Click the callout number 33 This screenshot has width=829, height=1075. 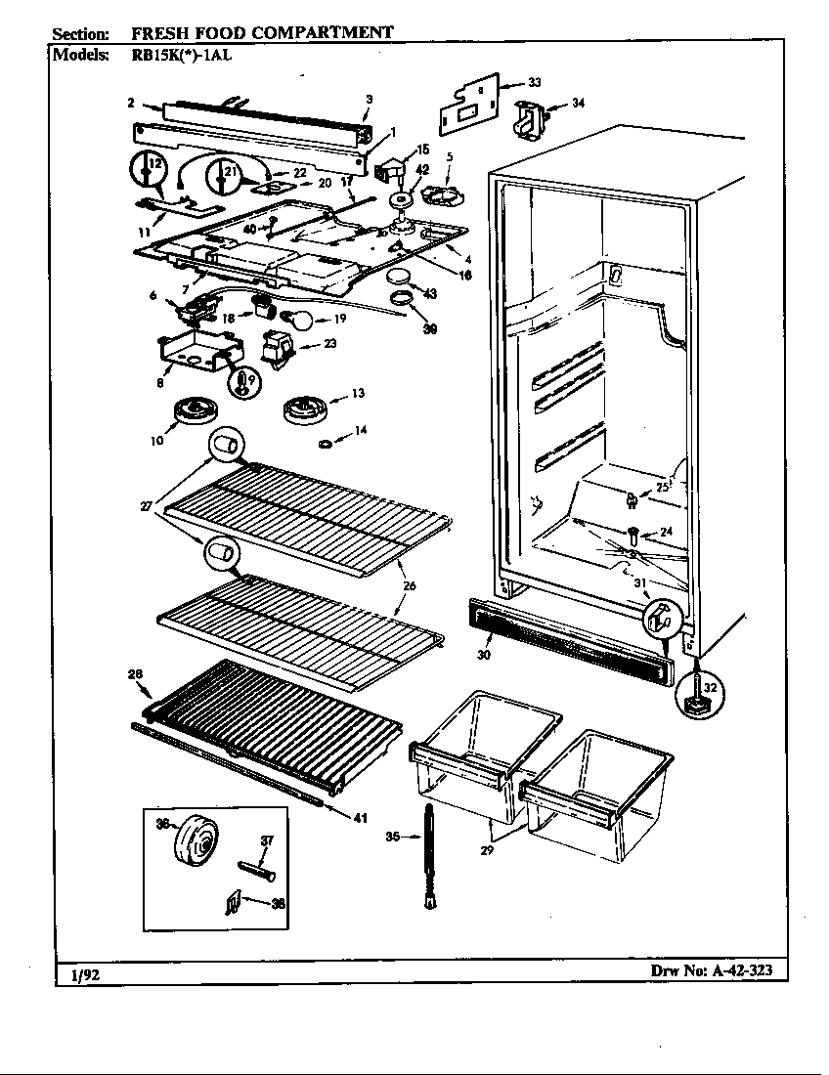[x=534, y=82]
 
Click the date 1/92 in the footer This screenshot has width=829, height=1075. [x=84, y=974]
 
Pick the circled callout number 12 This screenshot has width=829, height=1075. [x=146, y=170]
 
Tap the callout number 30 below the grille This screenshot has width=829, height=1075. [x=484, y=655]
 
